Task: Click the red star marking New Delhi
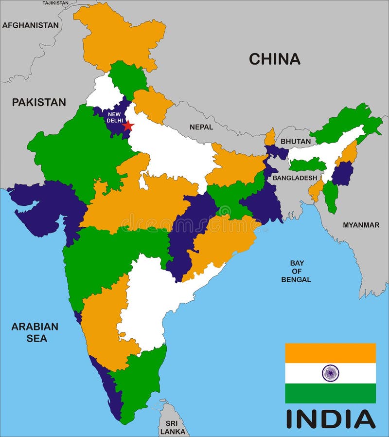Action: click(x=128, y=126)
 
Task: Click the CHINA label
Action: click(x=274, y=59)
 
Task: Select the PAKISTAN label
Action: click(x=39, y=102)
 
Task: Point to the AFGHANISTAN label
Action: click(x=30, y=25)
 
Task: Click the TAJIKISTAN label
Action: click(x=55, y=3)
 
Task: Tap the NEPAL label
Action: click(x=201, y=127)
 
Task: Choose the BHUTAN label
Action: click(x=296, y=142)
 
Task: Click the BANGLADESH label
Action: click(x=295, y=178)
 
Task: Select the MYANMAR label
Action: click(x=361, y=225)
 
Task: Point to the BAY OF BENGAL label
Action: click(x=296, y=271)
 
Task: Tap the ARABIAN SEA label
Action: click(x=35, y=332)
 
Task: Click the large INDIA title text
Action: click(x=330, y=419)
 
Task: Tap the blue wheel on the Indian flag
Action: click(x=330, y=373)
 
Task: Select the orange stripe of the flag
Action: click(x=330, y=353)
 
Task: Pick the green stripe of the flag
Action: click(x=330, y=393)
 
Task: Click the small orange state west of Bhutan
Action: click(x=270, y=138)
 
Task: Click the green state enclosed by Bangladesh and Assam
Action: click(x=307, y=164)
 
